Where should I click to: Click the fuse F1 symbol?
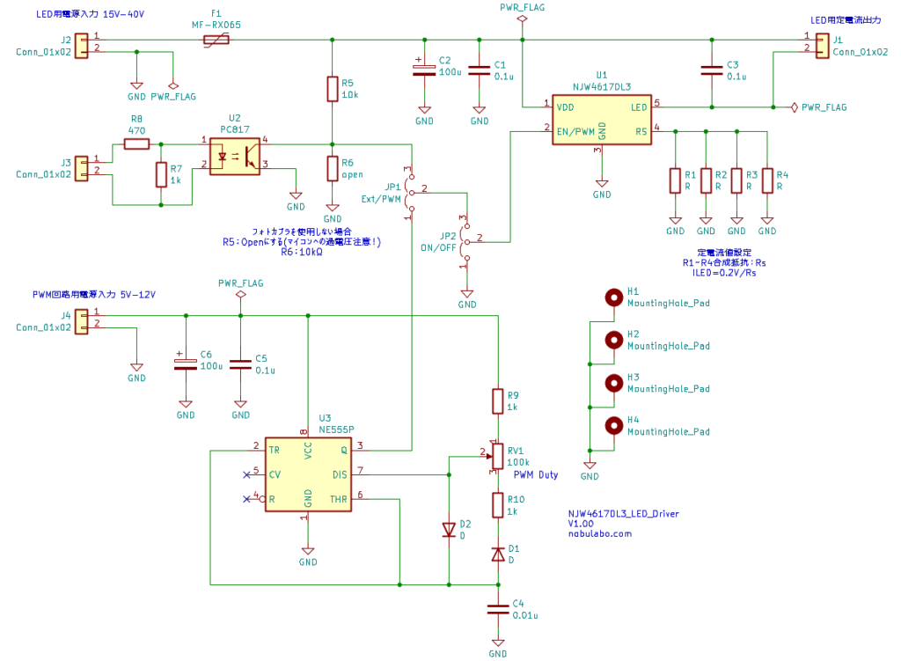click(216, 40)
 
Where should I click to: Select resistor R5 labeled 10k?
click(333, 89)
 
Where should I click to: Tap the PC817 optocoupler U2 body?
click(234, 155)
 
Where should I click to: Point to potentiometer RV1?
click(498, 455)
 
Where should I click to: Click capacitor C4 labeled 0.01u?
click(498, 608)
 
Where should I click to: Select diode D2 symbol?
click(450, 529)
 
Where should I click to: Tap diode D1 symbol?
click(498, 554)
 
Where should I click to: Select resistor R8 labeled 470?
click(136, 143)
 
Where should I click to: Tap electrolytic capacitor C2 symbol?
click(424, 69)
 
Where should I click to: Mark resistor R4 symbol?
click(767, 180)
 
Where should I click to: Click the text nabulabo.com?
click(600, 533)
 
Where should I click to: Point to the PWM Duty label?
click(536, 474)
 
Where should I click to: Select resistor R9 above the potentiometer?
click(498, 402)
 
